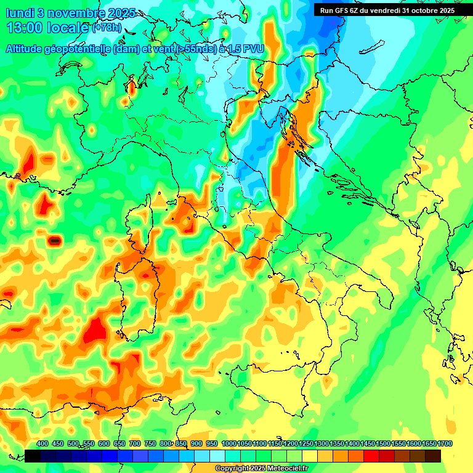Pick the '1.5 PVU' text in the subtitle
click(x=246, y=49)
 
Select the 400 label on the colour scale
click(x=42, y=443)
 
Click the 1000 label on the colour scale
click(x=228, y=443)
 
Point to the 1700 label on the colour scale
click(x=445, y=443)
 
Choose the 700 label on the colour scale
click(x=135, y=443)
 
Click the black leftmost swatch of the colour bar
click(x=33, y=456)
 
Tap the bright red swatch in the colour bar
click(x=371, y=456)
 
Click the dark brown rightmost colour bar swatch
click(x=433, y=456)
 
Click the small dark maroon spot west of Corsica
click(x=55, y=240)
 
